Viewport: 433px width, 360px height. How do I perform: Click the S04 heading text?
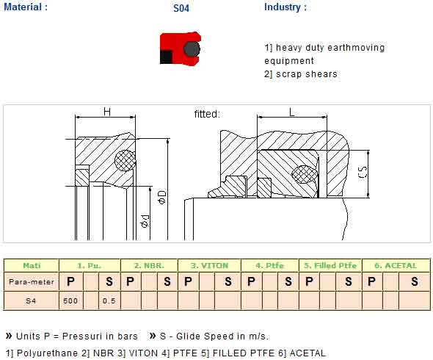[x=181, y=8]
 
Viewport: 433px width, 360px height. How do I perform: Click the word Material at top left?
[x=23, y=7]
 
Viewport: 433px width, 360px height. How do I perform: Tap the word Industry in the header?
[x=283, y=7]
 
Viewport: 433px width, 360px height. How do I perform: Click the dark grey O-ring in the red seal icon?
[x=192, y=49]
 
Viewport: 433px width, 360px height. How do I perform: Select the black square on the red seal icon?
[x=167, y=57]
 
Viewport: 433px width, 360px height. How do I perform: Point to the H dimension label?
[x=107, y=112]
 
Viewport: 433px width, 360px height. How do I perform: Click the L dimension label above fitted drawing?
[x=291, y=112]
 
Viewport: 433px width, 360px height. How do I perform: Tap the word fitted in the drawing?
[x=205, y=114]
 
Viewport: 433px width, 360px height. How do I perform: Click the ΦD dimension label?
[x=162, y=197]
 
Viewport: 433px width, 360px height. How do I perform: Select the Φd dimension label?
[x=145, y=221]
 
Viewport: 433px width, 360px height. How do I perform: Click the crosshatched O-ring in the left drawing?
[x=125, y=160]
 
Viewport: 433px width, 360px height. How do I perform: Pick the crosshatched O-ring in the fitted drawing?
[x=305, y=174]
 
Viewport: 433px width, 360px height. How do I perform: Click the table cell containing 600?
[x=70, y=300]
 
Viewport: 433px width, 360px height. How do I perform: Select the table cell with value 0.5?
[x=109, y=300]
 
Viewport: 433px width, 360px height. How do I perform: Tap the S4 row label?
[x=31, y=300]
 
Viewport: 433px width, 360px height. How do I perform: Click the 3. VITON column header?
[x=209, y=265]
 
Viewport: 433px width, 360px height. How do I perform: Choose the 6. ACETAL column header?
[x=396, y=265]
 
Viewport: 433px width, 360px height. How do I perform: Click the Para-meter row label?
[x=32, y=281]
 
